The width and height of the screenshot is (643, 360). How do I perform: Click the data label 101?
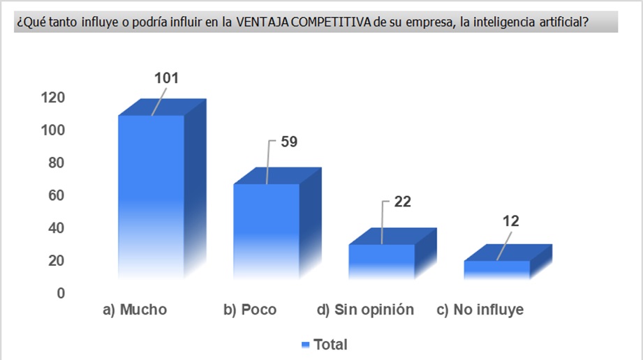(x=166, y=78)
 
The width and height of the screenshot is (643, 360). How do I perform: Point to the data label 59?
(x=289, y=142)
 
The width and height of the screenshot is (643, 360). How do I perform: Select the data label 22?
(x=402, y=202)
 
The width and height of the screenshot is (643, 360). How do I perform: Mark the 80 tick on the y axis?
(x=56, y=163)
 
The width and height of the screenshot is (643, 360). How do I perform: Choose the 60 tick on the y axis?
(x=56, y=195)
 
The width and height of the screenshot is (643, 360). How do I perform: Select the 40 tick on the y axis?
(x=56, y=228)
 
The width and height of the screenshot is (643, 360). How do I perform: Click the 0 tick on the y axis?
(x=61, y=293)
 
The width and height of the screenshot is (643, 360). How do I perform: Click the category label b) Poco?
(x=250, y=310)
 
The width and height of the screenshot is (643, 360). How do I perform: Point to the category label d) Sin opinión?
(x=365, y=310)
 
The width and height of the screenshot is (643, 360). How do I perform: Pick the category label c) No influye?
(x=480, y=310)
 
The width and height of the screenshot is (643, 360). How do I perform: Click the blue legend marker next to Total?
(x=304, y=345)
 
